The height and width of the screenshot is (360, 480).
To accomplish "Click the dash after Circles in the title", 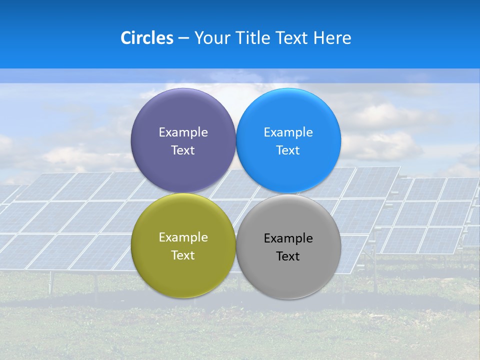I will (x=183, y=38).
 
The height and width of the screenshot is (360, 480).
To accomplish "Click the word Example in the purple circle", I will (x=183, y=132).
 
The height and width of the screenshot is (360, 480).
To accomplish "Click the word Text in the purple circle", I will (x=183, y=150).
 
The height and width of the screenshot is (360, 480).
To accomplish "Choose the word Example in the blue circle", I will (x=288, y=132).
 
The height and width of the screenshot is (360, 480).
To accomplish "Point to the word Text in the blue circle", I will (x=288, y=150).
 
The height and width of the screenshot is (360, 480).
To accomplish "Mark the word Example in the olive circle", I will (x=183, y=237).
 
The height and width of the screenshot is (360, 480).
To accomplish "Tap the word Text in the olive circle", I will (x=183, y=255).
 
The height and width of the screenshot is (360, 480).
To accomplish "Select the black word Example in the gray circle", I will (x=288, y=238).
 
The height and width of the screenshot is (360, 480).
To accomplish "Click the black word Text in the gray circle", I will (x=288, y=256).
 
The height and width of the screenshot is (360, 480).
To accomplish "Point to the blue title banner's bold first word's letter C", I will (x=126, y=38).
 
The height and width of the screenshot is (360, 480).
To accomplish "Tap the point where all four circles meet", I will (x=236, y=193).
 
